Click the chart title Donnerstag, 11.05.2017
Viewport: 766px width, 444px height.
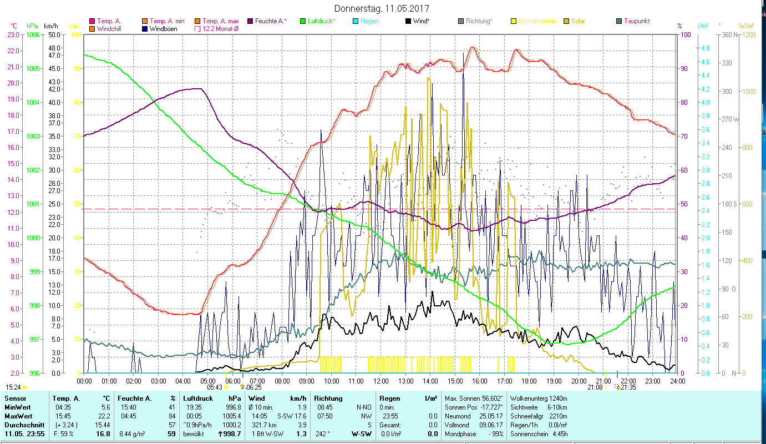[382, 9]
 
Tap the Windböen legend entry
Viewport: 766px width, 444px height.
[163, 29]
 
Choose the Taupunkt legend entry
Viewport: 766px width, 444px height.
[636, 21]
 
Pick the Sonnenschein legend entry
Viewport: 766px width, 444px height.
[537, 21]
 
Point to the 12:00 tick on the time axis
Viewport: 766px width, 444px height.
[381, 381]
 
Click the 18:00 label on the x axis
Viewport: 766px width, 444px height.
[529, 381]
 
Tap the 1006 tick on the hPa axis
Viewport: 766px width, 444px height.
[33, 34]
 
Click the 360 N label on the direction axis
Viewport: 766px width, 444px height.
[728, 34]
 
